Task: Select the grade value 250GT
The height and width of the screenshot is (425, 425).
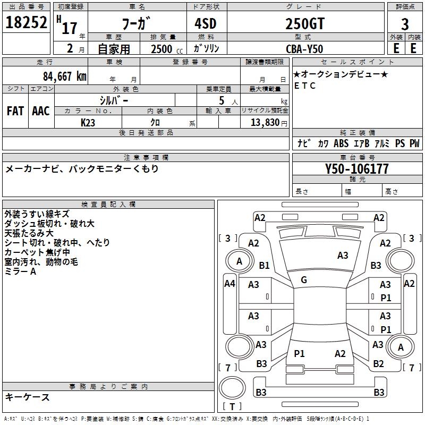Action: pyautogui.click(x=304, y=24)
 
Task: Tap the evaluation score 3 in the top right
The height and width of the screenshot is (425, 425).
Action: pyautogui.click(x=405, y=24)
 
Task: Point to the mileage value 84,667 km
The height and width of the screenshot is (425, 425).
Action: pyautogui.click(x=64, y=76)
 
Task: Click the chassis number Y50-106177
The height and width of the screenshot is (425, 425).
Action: pyautogui.click(x=357, y=169)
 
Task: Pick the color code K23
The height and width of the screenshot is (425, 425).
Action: pyautogui.click(x=88, y=122)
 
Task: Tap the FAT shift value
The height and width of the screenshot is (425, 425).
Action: pyautogui.click(x=15, y=111)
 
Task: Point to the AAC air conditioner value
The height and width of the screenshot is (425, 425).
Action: pyautogui.click(x=41, y=111)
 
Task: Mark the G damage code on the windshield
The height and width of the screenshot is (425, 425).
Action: pyautogui.click(x=304, y=280)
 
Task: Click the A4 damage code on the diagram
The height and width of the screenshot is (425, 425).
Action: pyautogui.click(x=229, y=284)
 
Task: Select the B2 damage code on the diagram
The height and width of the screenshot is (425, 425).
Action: pyautogui.click(x=378, y=364)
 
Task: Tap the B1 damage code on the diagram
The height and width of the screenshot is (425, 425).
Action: pyautogui.click(x=264, y=265)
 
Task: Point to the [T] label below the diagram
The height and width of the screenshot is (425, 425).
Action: pyautogui.click(x=232, y=407)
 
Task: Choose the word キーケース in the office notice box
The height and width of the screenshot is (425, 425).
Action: pyautogui.click(x=28, y=397)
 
